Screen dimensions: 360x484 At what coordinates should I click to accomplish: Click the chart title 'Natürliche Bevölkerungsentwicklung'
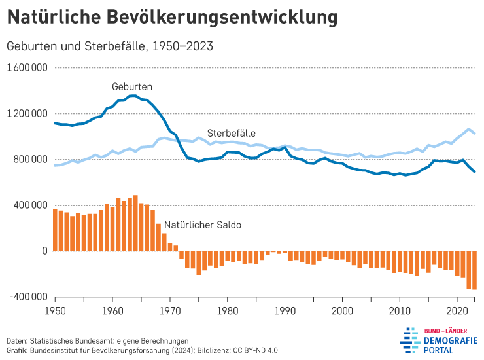[x=173, y=17]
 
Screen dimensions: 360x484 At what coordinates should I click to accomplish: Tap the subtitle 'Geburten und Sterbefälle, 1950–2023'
[x=109, y=46]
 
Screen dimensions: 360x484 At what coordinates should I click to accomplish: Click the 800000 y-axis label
[x=30, y=160]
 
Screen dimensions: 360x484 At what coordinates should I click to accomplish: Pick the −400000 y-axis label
[x=27, y=297]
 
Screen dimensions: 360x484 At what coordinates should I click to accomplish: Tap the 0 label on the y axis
[x=44, y=251]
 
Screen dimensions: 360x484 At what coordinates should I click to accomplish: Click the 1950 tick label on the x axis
[x=54, y=310]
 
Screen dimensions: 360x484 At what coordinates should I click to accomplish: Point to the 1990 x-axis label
[x=285, y=310]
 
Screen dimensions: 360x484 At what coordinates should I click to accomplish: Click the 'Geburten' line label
[x=132, y=86]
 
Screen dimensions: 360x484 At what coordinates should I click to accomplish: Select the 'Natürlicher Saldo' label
[x=203, y=225]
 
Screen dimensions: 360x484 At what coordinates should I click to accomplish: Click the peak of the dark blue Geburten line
[x=133, y=96]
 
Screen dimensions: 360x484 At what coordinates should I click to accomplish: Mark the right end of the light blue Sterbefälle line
[x=475, y=134]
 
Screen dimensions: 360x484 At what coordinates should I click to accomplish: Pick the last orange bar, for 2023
[x=475, y=270]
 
